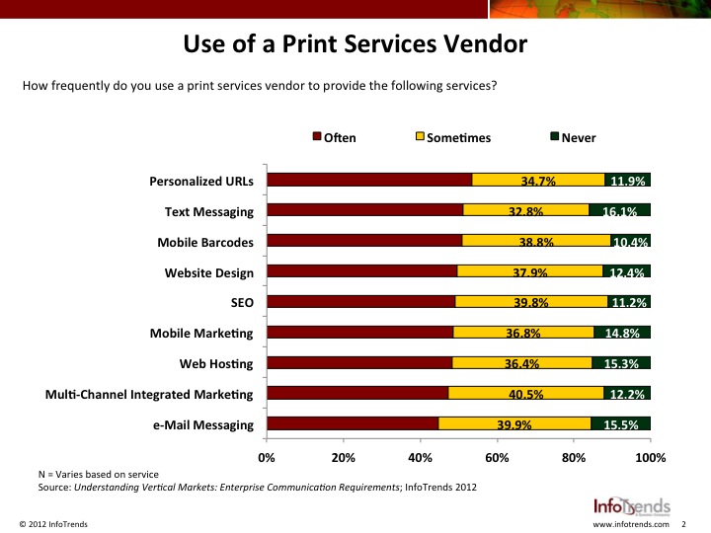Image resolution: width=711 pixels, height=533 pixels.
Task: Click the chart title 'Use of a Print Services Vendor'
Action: tap(355, 45)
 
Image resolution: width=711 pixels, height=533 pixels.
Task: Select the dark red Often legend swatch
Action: tap(317, 137)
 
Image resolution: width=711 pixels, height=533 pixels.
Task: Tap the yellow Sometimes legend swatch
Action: tap(420, 137)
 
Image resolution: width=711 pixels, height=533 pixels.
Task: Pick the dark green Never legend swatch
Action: tap(554, 137)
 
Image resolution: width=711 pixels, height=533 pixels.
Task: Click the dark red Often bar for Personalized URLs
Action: tap(369, 180)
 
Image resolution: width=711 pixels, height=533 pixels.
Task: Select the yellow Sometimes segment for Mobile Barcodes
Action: tap(536, 240)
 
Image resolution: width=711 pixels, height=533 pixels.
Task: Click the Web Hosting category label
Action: tap(216, 364)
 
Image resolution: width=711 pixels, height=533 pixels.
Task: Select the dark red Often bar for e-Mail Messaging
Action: tap(353, 424)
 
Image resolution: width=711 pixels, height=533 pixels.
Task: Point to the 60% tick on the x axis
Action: tap(497, 458)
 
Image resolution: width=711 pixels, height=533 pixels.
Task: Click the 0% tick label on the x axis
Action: tap(267, 458)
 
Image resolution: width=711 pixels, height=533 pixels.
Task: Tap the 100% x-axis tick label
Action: tap(651, 458)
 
